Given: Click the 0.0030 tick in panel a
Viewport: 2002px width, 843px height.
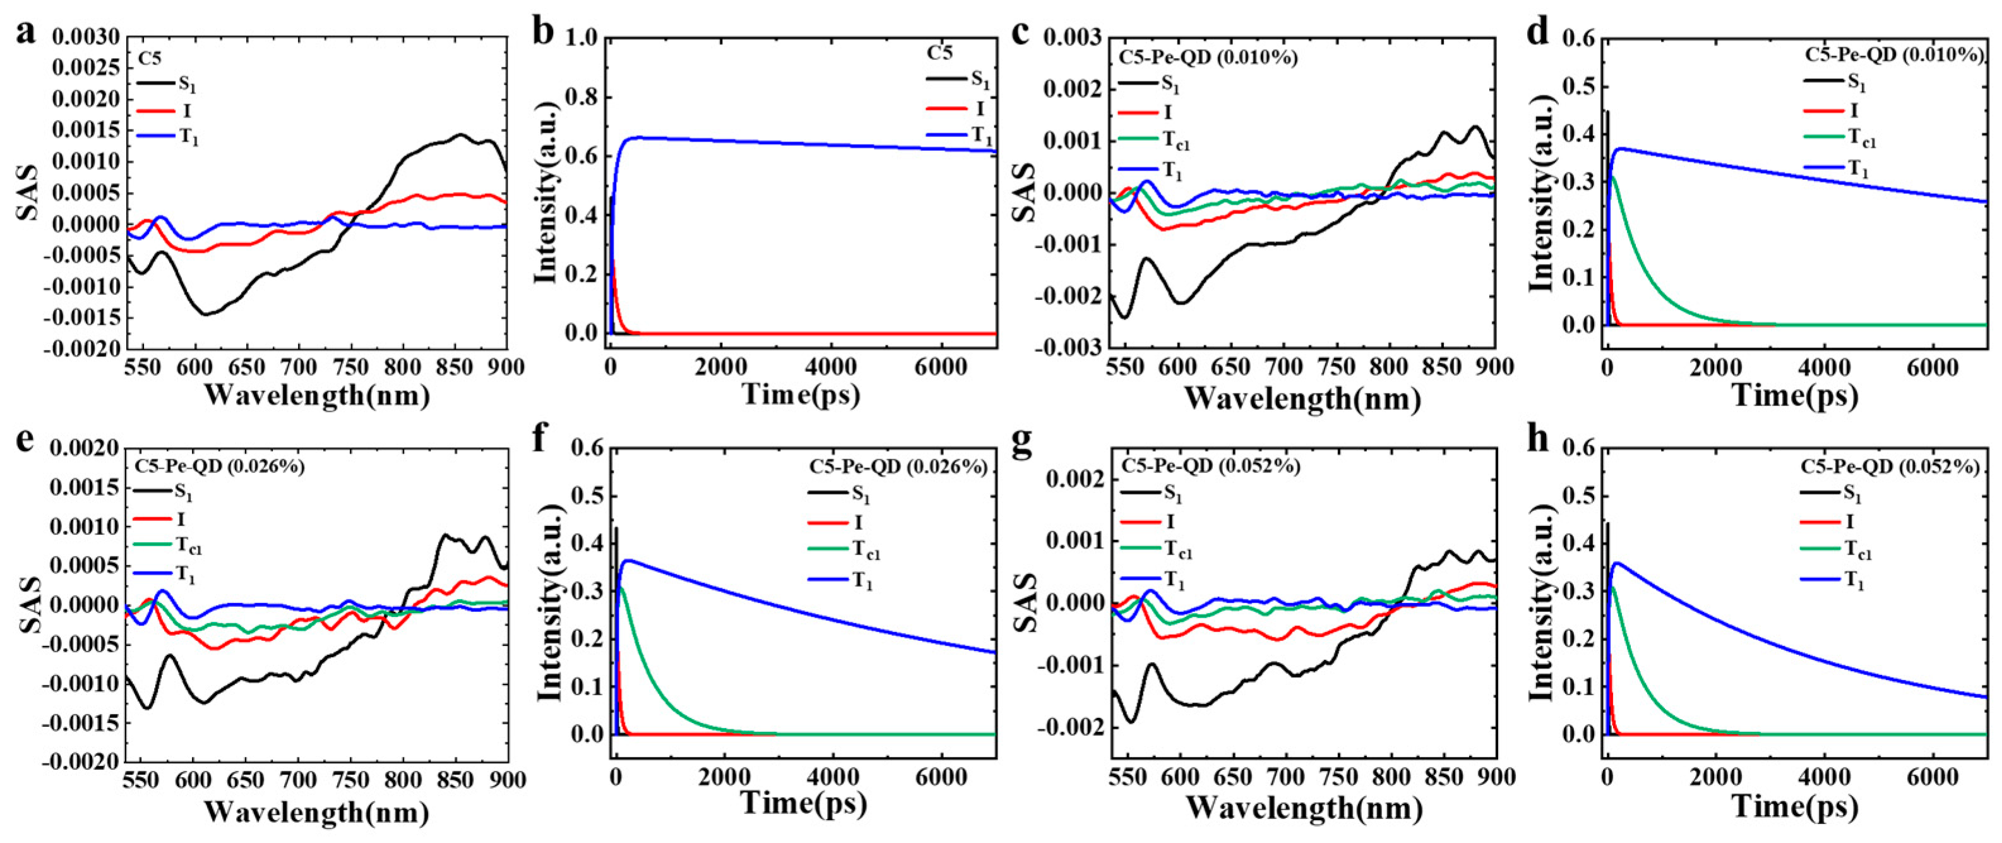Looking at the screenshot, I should point(85,37).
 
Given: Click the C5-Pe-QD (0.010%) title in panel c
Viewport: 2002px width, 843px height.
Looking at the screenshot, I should point(1208,57).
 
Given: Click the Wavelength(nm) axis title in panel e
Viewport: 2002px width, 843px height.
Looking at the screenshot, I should point(316,812).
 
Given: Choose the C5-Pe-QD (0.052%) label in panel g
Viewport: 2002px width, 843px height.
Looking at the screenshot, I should point(1210,465).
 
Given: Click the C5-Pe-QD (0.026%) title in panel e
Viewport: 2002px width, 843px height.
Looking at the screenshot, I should point(220,466).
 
